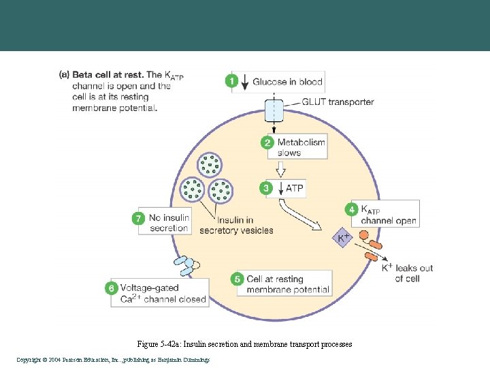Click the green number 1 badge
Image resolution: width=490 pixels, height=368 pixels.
coord(231,81)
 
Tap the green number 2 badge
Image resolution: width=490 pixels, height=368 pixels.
coord(267,142)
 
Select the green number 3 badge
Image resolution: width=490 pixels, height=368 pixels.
coord(267,187)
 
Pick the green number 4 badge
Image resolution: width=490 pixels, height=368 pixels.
coord(351,210)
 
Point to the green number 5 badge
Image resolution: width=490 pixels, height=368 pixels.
coord(237,279)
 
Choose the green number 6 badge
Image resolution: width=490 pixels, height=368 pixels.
coord(111,288)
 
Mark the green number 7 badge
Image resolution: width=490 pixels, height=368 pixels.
coord(139,218)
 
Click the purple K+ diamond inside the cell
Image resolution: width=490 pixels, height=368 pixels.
coord(343,238)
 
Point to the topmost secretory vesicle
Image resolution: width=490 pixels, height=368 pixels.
coord(210,164)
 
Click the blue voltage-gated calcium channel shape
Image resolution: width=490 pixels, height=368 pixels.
coord(184,265)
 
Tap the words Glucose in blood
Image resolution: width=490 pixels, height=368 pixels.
coord(287,82)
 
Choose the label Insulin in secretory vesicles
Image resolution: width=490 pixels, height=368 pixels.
coord(236,225)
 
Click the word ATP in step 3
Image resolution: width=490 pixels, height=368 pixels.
coord(295,188)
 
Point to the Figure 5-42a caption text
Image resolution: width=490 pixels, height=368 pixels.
coord(244,345)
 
